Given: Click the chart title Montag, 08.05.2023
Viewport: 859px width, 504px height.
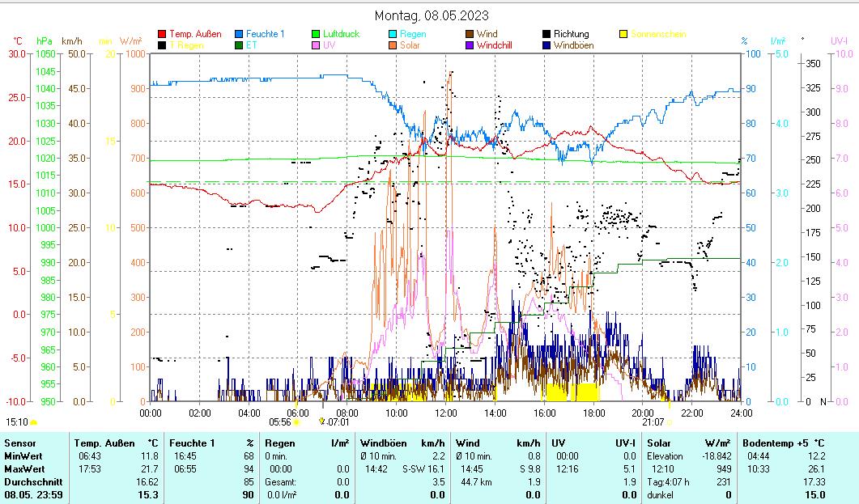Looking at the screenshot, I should pyautogui.click(x=432, y=15).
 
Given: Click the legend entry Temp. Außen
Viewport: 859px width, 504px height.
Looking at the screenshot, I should pyautogui.click(x=194, y=34).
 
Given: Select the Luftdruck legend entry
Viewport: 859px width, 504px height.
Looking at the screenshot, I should pyautogui.click(x=341, y=34).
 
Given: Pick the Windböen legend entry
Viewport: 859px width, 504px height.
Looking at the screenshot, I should pyautogui.click(x=575, y=45).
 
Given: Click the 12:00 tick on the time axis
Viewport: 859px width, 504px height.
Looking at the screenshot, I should pyautogui.click(x=446, y=413).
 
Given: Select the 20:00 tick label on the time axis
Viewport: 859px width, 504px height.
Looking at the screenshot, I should pyautogui.click(x=643, y=413).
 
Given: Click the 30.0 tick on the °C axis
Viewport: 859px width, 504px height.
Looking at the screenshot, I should pyautogui.click(x=16, y=53).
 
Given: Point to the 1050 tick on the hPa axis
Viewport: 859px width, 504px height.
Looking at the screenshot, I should pyautogui.click(x=45, y=53).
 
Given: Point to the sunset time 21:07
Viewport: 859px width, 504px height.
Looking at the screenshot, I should pyautogui.click(x=653, y=421).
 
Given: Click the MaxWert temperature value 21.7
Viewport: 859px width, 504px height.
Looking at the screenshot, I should pyautogui.click(x=148, y=468).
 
